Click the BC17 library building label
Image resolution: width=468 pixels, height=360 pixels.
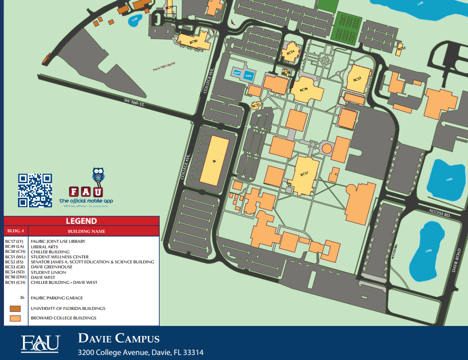[x=304, y=174]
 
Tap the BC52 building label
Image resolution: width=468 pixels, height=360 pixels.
[x=357, y=79]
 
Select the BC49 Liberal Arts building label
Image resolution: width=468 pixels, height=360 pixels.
[x=304, y=89]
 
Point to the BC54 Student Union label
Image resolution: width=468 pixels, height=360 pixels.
[x=290, y=52]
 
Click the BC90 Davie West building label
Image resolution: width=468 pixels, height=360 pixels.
[x=194, y=42]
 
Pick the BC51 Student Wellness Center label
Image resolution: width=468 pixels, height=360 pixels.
[x=256, y=105]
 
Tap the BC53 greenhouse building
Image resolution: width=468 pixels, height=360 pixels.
[x=401, y=49]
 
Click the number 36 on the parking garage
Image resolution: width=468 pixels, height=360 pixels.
[x=214, y=161]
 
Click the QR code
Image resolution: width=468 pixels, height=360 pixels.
[x=35, y=190]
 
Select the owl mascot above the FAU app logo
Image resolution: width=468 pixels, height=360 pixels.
[x=98, y=176]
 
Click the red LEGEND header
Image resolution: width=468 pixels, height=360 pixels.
[x=82, y=221]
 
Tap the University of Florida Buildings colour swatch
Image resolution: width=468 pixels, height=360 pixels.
[x=15, y=308]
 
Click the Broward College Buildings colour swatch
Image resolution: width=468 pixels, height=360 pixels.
[x=15, y=318]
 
